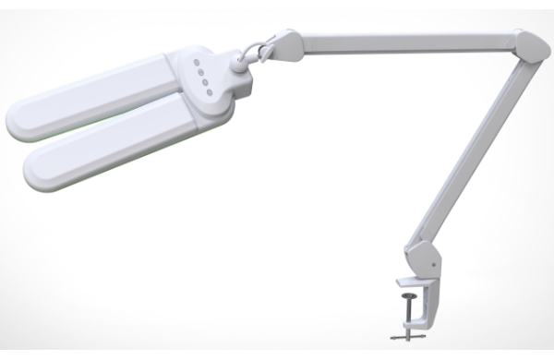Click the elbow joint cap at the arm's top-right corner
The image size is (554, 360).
point(528,47)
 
